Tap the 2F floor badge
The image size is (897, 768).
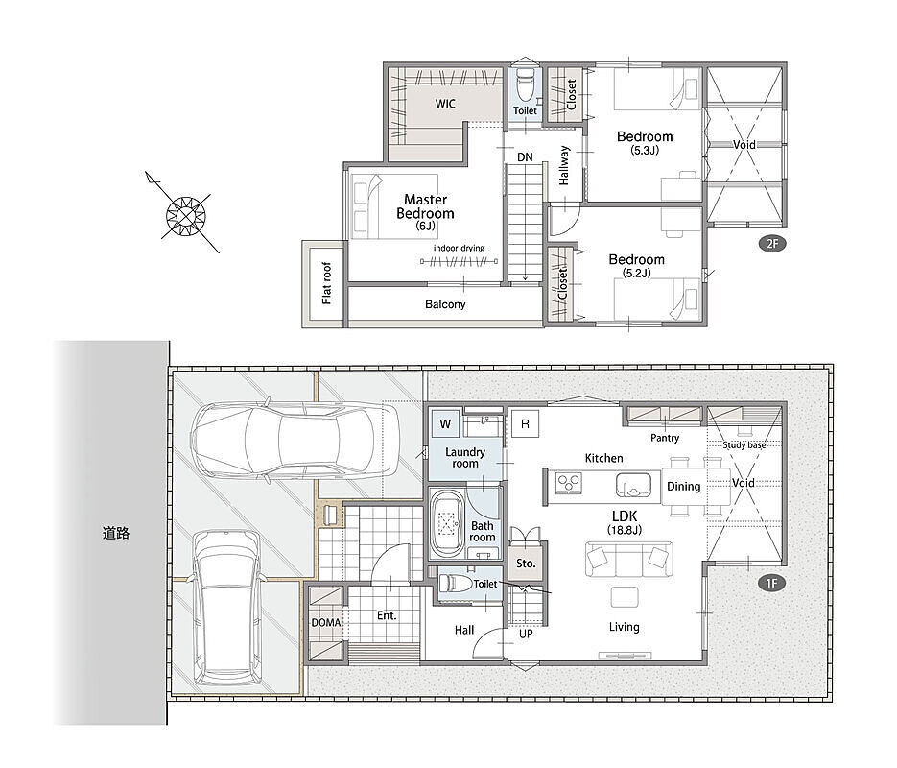tap(772, 243)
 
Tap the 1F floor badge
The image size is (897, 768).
tap(771, 583)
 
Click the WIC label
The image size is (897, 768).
tap(445, 104)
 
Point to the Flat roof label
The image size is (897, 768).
tap(326, 282)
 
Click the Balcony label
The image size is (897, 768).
tap(445, 304)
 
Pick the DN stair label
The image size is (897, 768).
tap(525, 157)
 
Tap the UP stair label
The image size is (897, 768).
tap(526, 635)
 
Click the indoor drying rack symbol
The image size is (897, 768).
tap(459, 262)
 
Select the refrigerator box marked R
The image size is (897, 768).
tap(525, 424)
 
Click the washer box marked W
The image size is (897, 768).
tap(445, 424)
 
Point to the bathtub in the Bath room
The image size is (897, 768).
tap(446, 523)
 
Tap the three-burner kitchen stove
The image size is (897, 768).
tap(569, 483)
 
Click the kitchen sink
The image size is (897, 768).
tap(633, 486)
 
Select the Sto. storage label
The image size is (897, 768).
tap(526, 564)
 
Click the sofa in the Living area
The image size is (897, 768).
tap(628, 559)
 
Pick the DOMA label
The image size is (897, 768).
tap(326, 623)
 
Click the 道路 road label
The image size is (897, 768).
tap(116, 534)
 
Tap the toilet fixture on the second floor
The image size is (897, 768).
tap(524, 84)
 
